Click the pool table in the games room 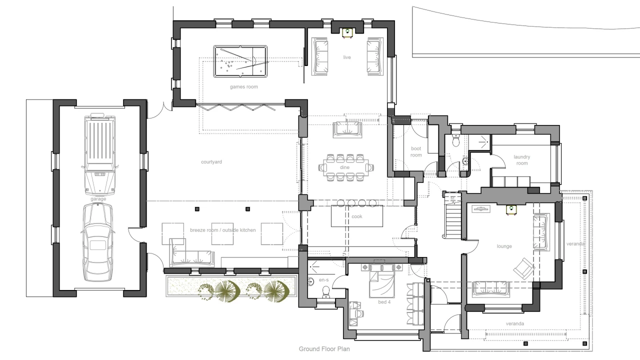(240, 61)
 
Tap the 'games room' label (244, 87)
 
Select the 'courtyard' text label (211, 162)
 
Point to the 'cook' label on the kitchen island (356, 216)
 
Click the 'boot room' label (416, 151)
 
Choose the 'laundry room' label (521, 160)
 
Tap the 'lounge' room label (504, 246)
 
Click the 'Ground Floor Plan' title (324, 349)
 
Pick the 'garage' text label (98, 199)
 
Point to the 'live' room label (347, 57)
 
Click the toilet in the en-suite (325, 291)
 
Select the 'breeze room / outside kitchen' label (223, 230)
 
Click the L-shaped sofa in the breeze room (190, 253)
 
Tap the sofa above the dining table (347, 129)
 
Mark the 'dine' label (345, 167)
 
